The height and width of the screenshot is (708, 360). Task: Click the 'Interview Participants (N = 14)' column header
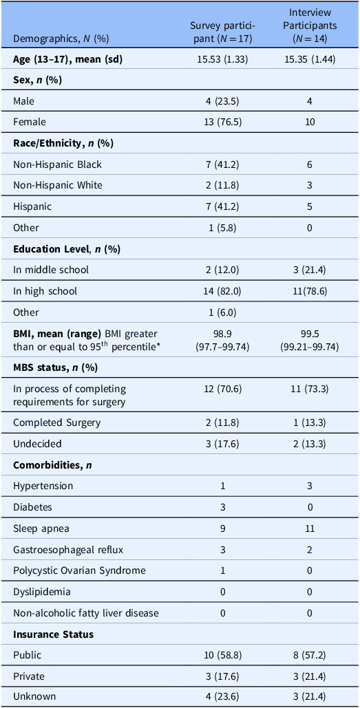310,25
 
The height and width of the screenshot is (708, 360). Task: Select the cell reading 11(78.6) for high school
310,291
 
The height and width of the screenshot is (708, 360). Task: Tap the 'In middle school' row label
50,270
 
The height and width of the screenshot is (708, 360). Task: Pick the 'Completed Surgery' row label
56,422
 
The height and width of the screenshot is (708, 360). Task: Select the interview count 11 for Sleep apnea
310,528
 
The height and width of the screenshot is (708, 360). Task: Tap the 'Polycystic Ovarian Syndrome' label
79,570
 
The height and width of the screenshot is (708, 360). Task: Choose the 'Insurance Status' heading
53,634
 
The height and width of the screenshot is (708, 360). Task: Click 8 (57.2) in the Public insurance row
310,655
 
